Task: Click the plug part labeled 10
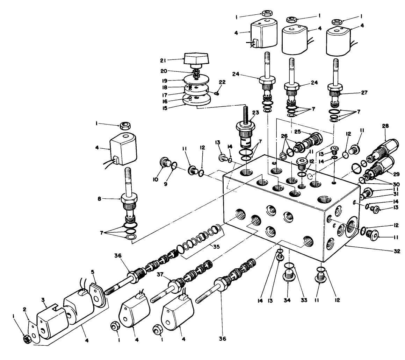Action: click(163, 163)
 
